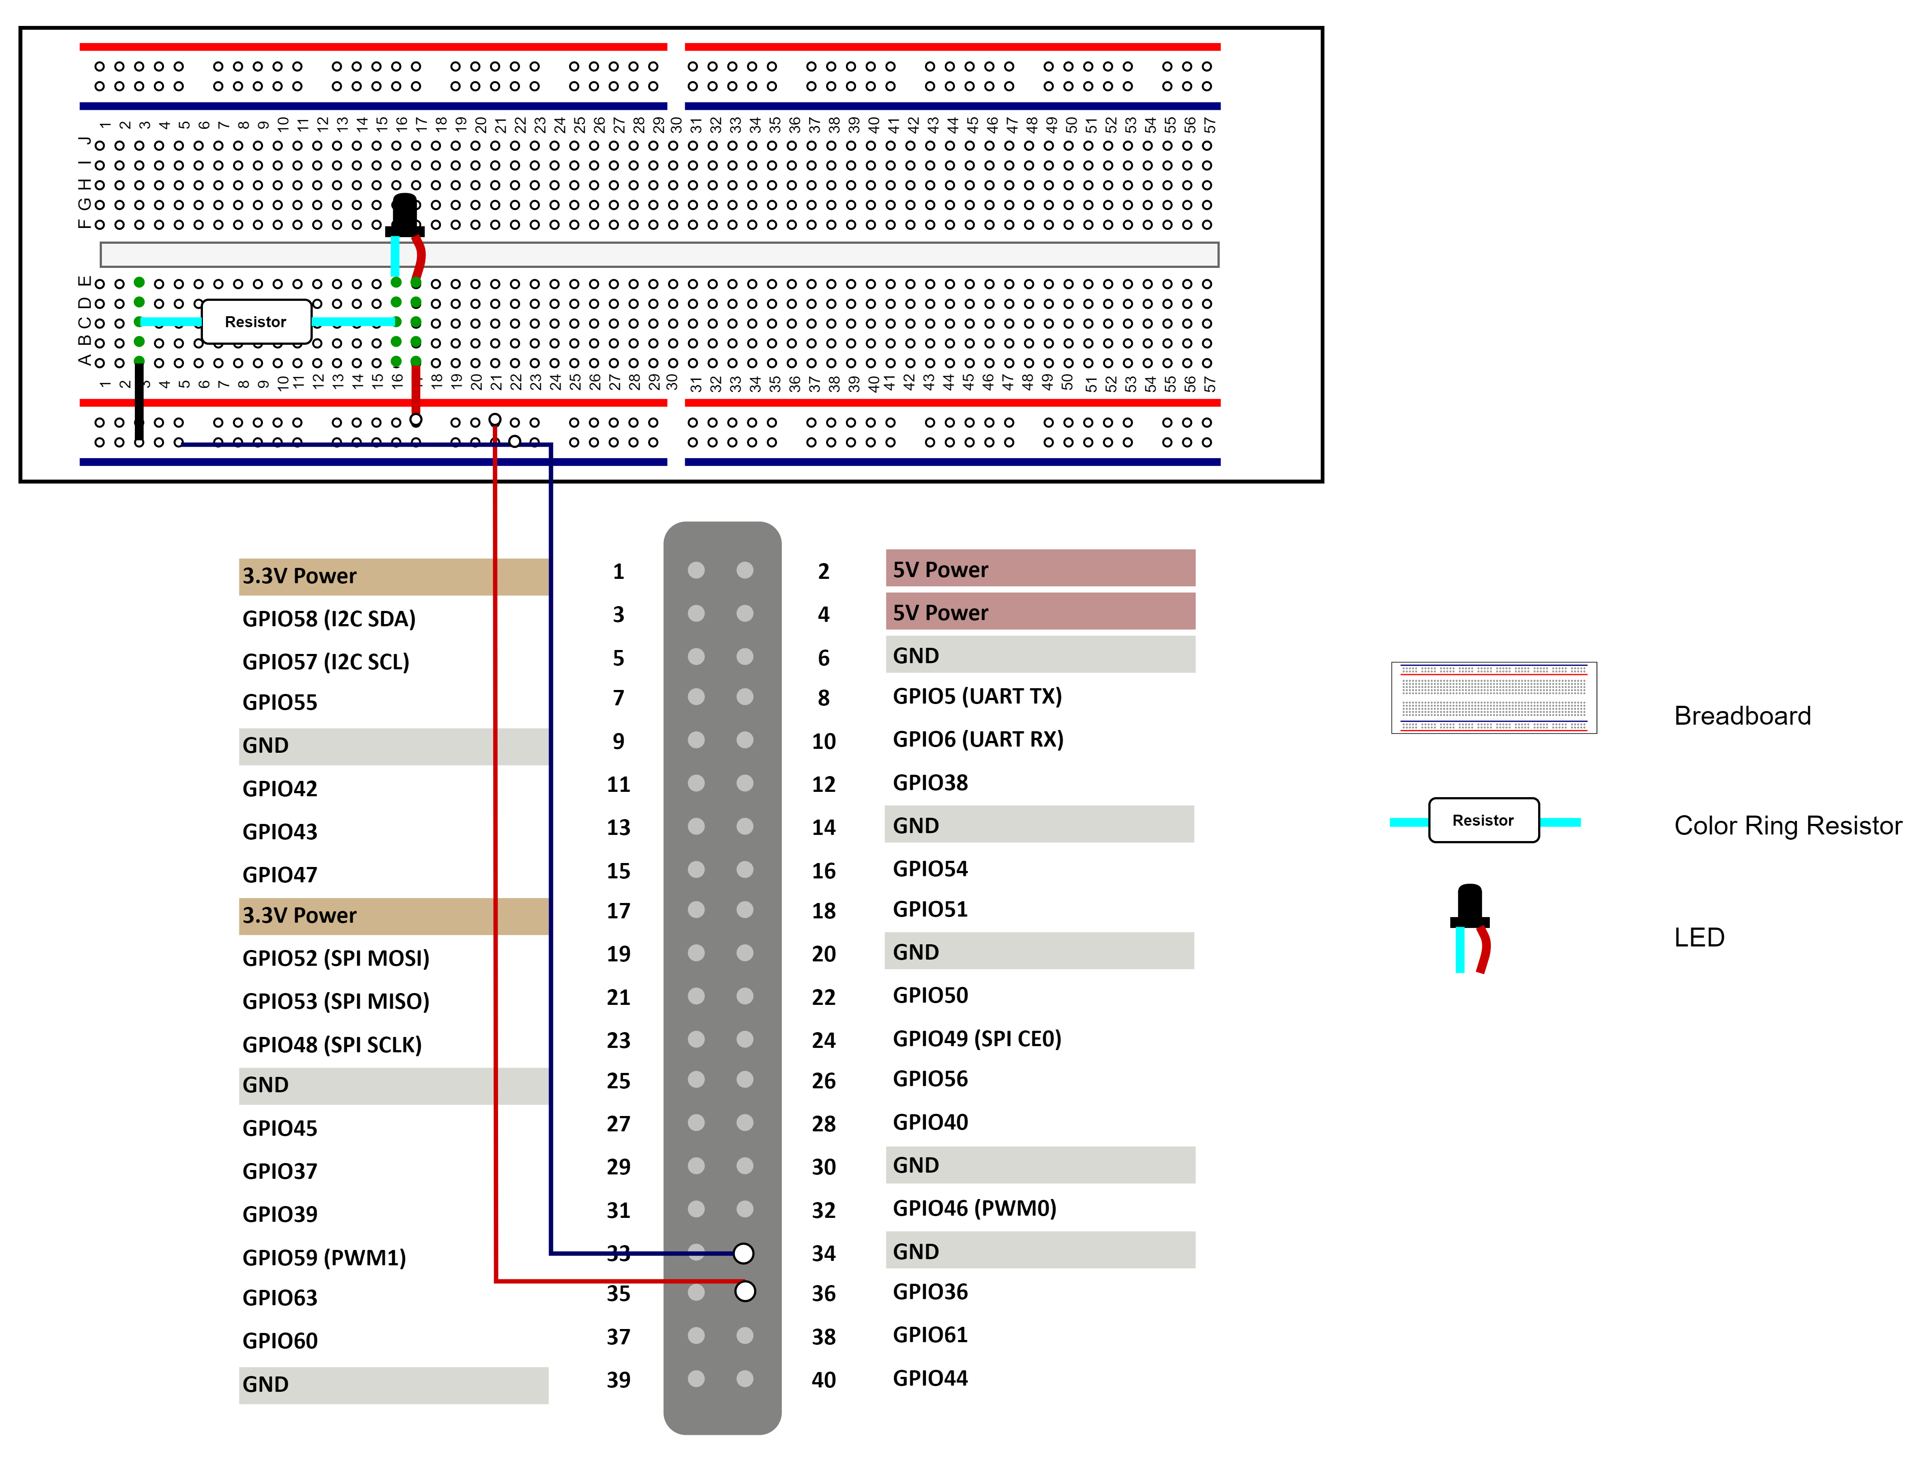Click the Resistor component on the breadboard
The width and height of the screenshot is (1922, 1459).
click(x=256, y=322)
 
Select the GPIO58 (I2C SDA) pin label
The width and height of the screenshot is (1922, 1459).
click(x=329, y=619)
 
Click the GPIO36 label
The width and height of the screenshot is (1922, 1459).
click(x=930, y=1292)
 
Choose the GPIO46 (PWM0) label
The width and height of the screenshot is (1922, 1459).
click(x=974, y=1209)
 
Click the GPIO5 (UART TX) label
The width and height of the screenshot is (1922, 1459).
click(x=977, y=696)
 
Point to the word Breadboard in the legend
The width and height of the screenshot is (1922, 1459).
click(x=1742, y=716)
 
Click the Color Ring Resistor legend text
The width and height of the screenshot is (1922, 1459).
click(x=1787, y=826)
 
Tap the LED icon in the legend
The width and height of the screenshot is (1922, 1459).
click(x=1470, y=927)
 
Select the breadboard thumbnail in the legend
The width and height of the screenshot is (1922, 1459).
click(x=1494, y=698)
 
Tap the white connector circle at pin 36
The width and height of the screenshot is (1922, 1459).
click(x=744, y=1291)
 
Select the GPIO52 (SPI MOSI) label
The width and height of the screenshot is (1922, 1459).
click(x=336, y=958)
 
